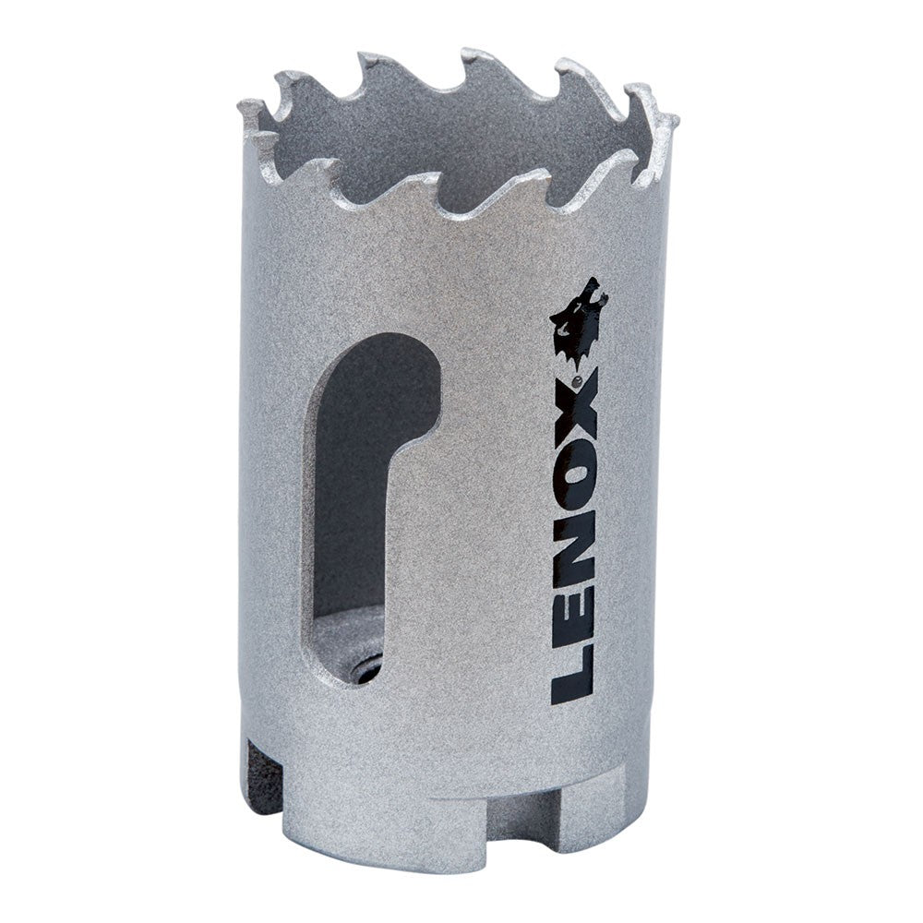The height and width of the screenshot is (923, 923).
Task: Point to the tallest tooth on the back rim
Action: [475, 57]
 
